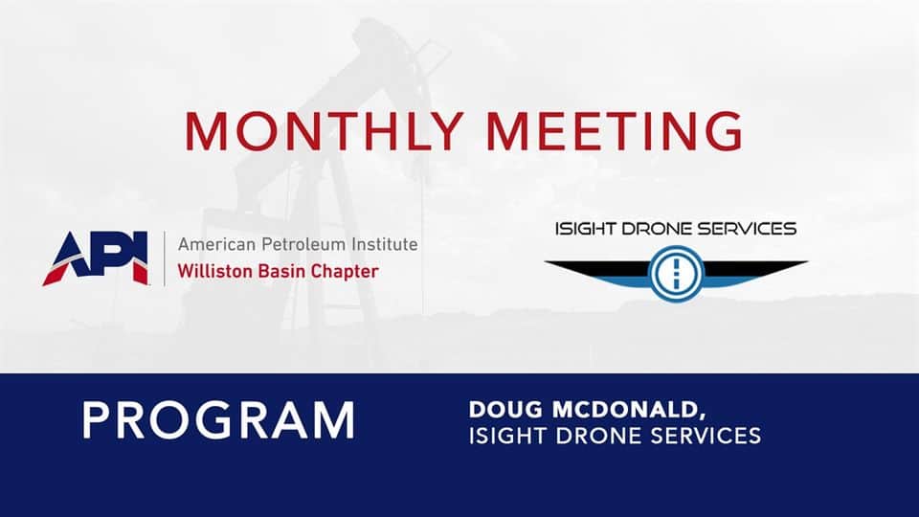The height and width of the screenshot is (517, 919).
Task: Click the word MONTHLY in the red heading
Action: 325,131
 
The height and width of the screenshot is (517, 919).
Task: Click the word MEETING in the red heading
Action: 615,131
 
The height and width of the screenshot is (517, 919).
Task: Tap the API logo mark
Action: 96,258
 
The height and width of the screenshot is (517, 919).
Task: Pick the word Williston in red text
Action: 208,271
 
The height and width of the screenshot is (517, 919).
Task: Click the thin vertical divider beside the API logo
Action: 164,258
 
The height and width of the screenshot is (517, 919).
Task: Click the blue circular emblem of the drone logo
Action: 676,274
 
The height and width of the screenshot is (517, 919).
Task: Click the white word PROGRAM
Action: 218,420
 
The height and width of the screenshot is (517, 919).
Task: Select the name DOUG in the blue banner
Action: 505,410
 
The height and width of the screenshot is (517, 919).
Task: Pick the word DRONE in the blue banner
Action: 594,437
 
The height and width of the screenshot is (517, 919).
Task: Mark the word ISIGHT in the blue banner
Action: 507,437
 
